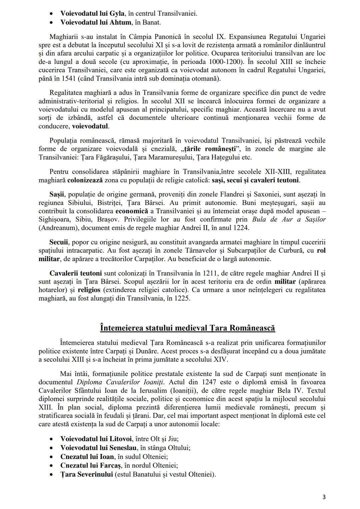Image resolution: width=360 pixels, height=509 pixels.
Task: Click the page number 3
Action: point(324,497)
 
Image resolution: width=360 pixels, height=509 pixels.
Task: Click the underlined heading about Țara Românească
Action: point(187,328)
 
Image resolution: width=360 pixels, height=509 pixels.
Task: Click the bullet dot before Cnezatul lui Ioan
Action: point(51,457)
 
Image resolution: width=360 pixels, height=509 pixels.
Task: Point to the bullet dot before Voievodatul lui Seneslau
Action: point(51,448)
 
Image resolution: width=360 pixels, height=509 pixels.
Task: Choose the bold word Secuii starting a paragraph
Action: point(59,242)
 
